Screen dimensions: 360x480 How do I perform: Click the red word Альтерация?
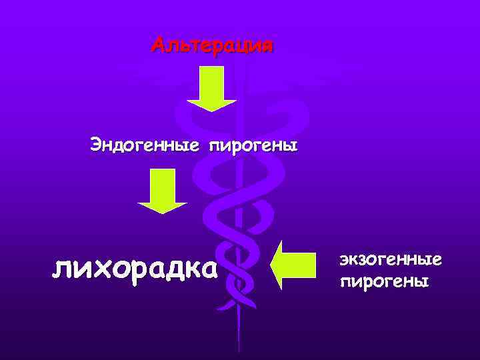pos(212,45)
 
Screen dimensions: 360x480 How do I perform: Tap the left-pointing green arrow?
pos(293,265)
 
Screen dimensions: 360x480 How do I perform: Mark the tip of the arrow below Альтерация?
pos(211,109)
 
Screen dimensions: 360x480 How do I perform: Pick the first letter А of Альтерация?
pos(158,45)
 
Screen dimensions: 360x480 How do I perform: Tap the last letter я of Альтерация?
pos(267,46)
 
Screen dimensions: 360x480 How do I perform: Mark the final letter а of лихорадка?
pos(208,269)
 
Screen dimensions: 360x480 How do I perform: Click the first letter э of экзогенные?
pos(344,258)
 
